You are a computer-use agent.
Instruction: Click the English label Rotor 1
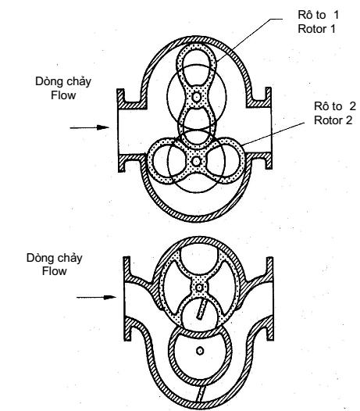point(316,29)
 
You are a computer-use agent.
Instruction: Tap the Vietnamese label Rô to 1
point(319,15)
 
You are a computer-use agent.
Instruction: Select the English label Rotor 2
point(333,120)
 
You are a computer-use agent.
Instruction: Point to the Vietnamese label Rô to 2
point(335,106)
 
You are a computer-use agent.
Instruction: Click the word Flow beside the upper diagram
point(63,95)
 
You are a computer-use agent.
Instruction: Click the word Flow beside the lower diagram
point(54,271)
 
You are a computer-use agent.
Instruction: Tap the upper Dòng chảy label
point(63,81)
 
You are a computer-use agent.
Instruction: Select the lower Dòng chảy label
point(54,258)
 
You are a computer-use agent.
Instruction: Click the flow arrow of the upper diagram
point(90,127)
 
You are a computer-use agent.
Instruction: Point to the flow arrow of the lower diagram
point(96,297)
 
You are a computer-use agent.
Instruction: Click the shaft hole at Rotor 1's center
point(196,97)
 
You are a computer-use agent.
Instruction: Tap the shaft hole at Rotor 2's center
point(196,162)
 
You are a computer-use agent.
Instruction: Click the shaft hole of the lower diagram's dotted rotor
point(199,288)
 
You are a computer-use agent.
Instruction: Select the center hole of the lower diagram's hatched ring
point(200,351)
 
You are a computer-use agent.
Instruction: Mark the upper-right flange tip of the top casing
point(268,89)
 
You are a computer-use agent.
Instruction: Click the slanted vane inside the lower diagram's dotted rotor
point(201,309)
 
